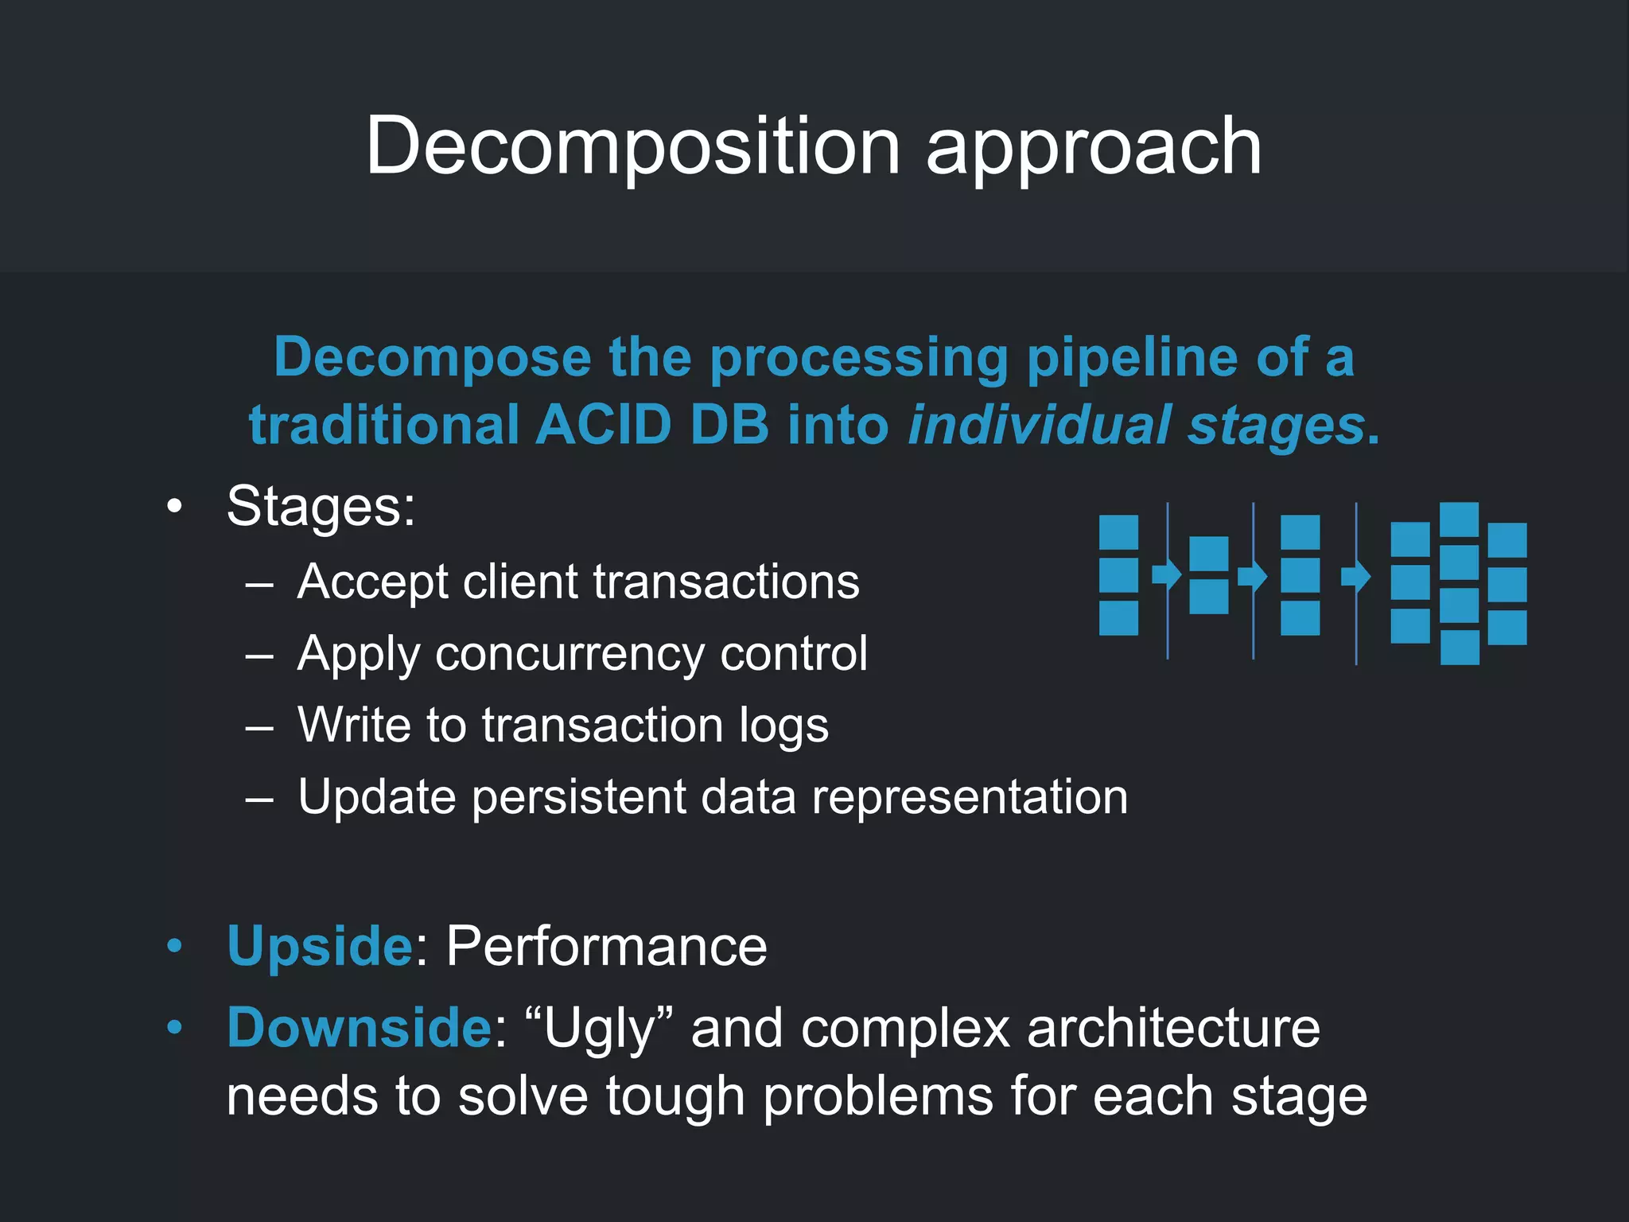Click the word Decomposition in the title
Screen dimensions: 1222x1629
coord(632,147)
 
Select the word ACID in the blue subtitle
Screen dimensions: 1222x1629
coord(604,425)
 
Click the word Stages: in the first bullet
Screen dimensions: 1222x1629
coord(321,506)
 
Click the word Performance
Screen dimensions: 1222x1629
coord(606,947)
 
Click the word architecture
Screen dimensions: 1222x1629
coord(1173,1028)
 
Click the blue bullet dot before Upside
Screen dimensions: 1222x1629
coord(174,946)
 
